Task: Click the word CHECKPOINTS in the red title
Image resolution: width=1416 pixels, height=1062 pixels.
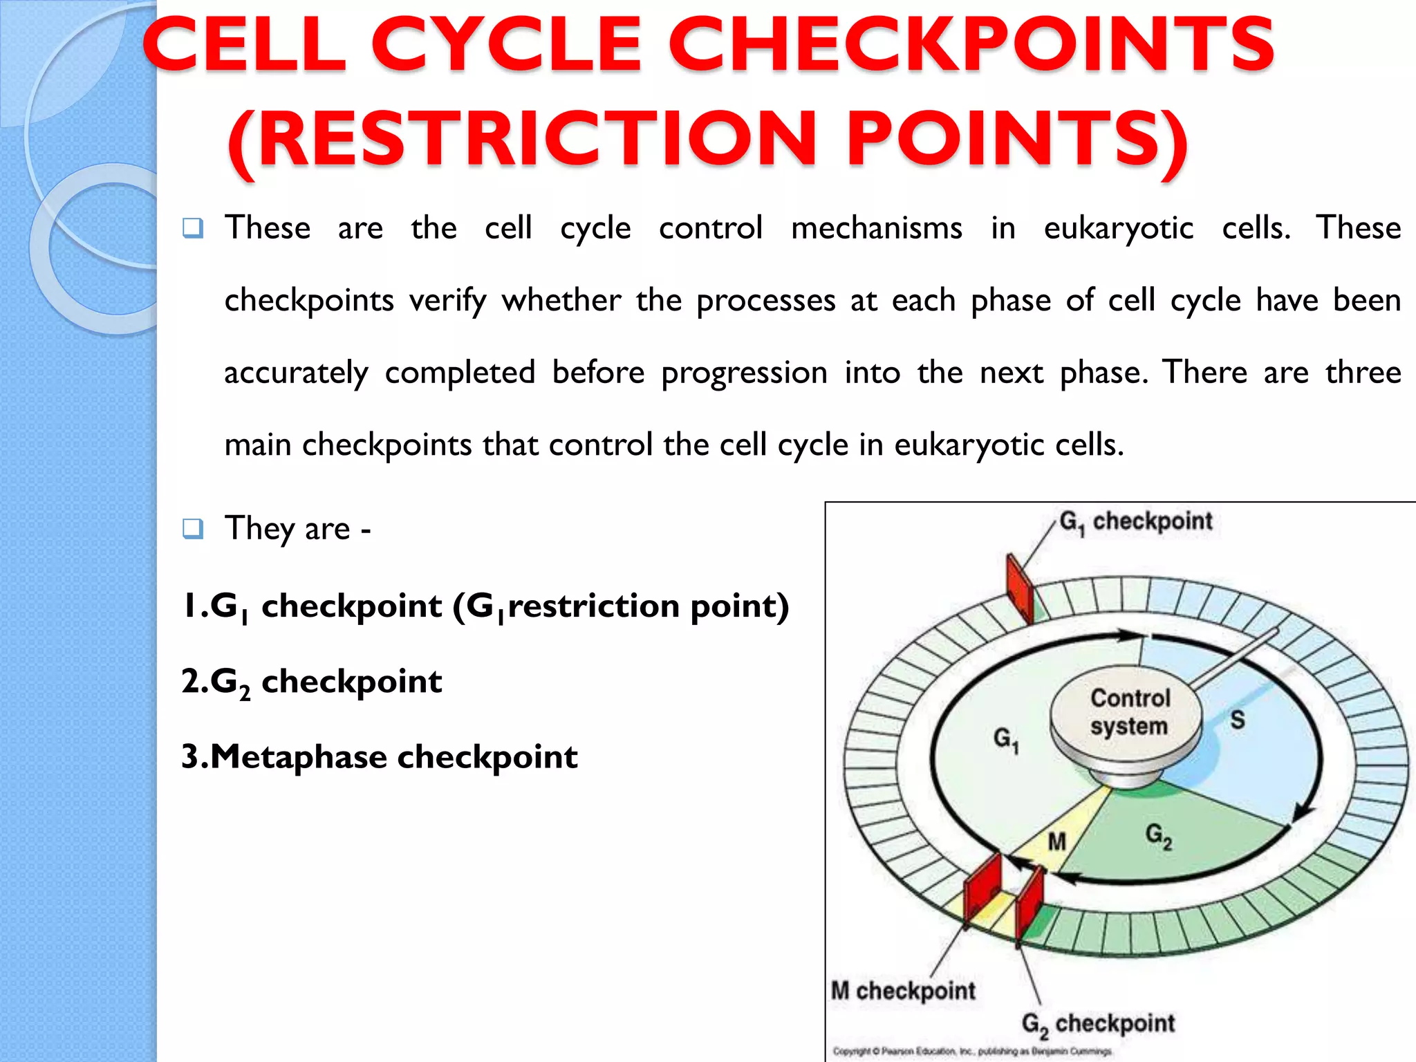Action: [971, 44]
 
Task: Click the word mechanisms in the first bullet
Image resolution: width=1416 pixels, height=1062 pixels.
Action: [876, 228]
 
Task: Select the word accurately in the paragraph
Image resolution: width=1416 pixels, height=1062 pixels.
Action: [296, 373]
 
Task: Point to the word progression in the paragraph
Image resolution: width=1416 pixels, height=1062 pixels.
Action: [744, 373]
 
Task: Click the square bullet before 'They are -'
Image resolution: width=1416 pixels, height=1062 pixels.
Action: [193, 529]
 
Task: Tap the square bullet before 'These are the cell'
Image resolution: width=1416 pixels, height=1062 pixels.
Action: [193, 227]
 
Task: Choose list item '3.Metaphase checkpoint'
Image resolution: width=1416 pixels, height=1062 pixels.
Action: [379, 756]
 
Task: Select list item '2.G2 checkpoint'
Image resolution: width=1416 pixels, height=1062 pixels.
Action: [311, 682]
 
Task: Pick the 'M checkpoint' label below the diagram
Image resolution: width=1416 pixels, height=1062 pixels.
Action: [903, 990]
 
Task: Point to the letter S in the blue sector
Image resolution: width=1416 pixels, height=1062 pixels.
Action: [1238, 720]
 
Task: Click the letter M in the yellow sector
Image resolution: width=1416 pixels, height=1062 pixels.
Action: [1057, 841]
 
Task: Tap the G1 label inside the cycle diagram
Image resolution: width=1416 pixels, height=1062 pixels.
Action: [1005, 739]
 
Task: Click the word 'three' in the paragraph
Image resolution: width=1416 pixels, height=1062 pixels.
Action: [1363, 373]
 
